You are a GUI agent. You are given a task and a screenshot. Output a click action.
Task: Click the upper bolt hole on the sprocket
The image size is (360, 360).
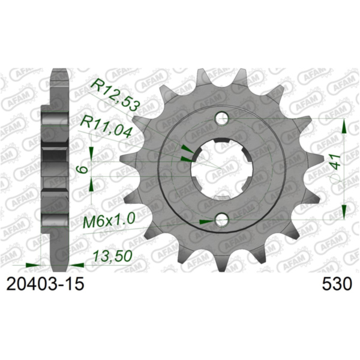(223, 117)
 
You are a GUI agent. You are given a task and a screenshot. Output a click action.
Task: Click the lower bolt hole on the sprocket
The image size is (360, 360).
(223, 220)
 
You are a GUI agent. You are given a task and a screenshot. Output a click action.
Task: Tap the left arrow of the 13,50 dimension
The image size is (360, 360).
(31, 263)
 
